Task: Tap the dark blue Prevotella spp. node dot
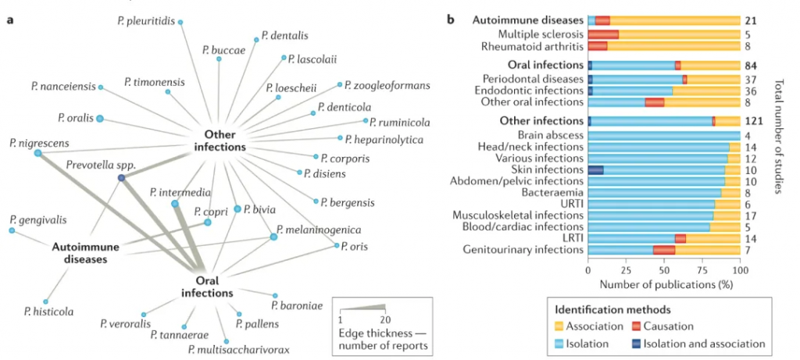click(x=121, y=178)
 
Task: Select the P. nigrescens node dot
click(x=37, y=154)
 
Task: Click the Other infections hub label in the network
click(x=220, y=141)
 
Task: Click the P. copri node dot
click(x=208, y=223)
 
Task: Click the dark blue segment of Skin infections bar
click(x=595, y=169)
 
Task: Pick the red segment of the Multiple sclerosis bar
click(x=603, y=34)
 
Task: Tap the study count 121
click(x=755, y=121)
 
